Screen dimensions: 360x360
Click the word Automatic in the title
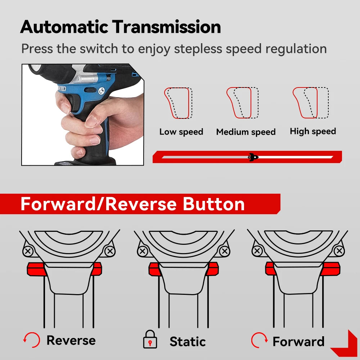pyautogui.click(x=64, y=27)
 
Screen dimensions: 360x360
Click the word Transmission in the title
pyautogui.click(x=166, y=27)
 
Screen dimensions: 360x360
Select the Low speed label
pyautogui.click(x=181, y=132)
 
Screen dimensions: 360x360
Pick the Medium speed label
pyautogui.click(x=246, y=132)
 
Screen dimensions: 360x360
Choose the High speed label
pyautogui.click(x=313, y=131)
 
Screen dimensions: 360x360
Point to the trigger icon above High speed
pyautogui.click(x=310, y=103)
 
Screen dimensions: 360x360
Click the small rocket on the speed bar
pyautogui.click(x=253, y=157)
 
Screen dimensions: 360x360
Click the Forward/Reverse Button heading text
pyautogui.click(x=132, y=204)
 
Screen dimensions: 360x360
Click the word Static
pyautogui.click(x=188, y=342)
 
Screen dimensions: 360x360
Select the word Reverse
pyautogui.click(x=71, y=340)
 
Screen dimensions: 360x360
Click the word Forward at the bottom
pyautogui.click(x=298, y=341)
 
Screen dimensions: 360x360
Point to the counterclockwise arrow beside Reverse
pyautogui.click(x=32, y=339)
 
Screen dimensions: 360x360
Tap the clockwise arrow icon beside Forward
pyautogui.click(x=259, y=339)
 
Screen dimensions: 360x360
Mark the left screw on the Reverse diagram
pyautogui.click(x=28, y=251)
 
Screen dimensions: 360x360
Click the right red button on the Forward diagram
pyautogui.click(x=332, y=269)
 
